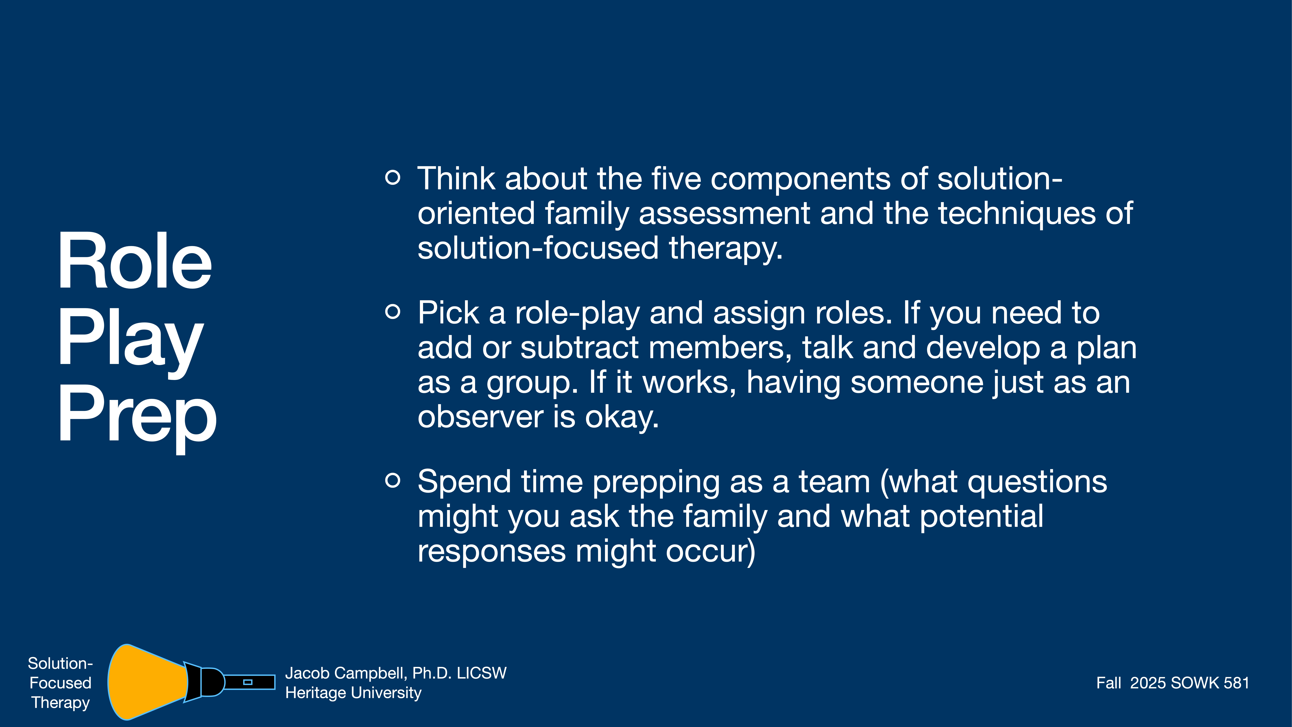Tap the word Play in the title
[x=130, y=339]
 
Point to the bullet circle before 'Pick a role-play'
[x=393, y=312]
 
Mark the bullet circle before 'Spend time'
[x=393, y=480]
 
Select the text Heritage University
[x=353, y=693]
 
